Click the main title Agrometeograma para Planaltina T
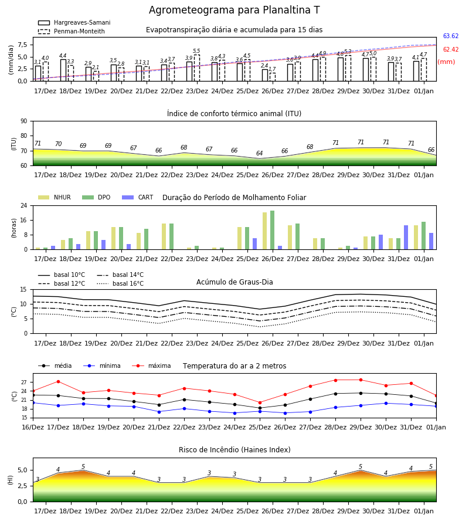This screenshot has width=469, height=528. tap(234, 10)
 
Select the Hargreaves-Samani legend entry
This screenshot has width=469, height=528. tap(74, 22)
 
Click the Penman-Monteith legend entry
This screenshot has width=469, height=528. tap(72, 31)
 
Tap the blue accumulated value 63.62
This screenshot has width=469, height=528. tap(450, 36)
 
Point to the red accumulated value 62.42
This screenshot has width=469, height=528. tap(450, 49)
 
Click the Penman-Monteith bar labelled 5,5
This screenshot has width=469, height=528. tap(197, 68)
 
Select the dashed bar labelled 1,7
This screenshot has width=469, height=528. tap(273, 77)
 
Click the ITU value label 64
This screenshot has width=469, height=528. tap(259, 153)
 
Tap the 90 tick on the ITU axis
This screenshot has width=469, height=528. tap(24, 121)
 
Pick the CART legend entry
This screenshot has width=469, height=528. tap(138, 197)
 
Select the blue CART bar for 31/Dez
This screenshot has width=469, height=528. tap(406, 238)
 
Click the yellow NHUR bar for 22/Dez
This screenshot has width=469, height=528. tap(164, 237)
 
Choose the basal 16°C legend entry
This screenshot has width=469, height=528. tap(120, 283)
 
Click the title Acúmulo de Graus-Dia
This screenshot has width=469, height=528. tap(235, 282)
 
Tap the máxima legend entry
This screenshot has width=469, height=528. tap(151, 365)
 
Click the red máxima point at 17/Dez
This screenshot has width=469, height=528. tap(58, 381)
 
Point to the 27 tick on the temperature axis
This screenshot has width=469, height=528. tap(24, 383)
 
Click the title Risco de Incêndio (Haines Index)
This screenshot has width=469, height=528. tap(235, 450)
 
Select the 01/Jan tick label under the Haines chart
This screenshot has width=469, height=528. tap(424, 511)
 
